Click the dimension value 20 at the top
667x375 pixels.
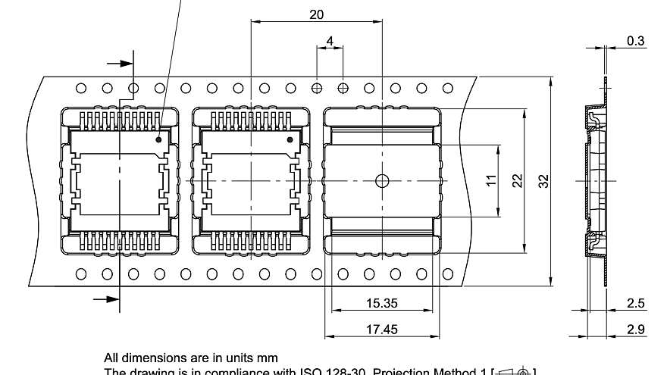pos(317,14)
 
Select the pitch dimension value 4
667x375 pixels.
pos(330,39)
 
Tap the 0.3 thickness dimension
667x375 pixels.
pos(637,41)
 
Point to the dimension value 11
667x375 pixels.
pos(491,180)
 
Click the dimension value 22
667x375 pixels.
pos(518,180)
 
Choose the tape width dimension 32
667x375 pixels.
pos(543,181)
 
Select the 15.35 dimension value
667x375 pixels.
pos(381,303)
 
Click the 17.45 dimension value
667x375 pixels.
pos(381,330)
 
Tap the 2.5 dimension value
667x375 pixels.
pos(637,303)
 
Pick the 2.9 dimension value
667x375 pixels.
pos(637,330)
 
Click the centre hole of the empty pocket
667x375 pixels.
pos(382,180)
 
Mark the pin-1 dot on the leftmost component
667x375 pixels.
pos(159,139)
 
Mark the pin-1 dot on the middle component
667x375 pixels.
pos(290,139)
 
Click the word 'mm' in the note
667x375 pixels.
pos(268,358)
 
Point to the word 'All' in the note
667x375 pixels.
pos(112,358)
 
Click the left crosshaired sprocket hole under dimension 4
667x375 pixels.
pos(317,88)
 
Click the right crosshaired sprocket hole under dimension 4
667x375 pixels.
pos(343,88)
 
